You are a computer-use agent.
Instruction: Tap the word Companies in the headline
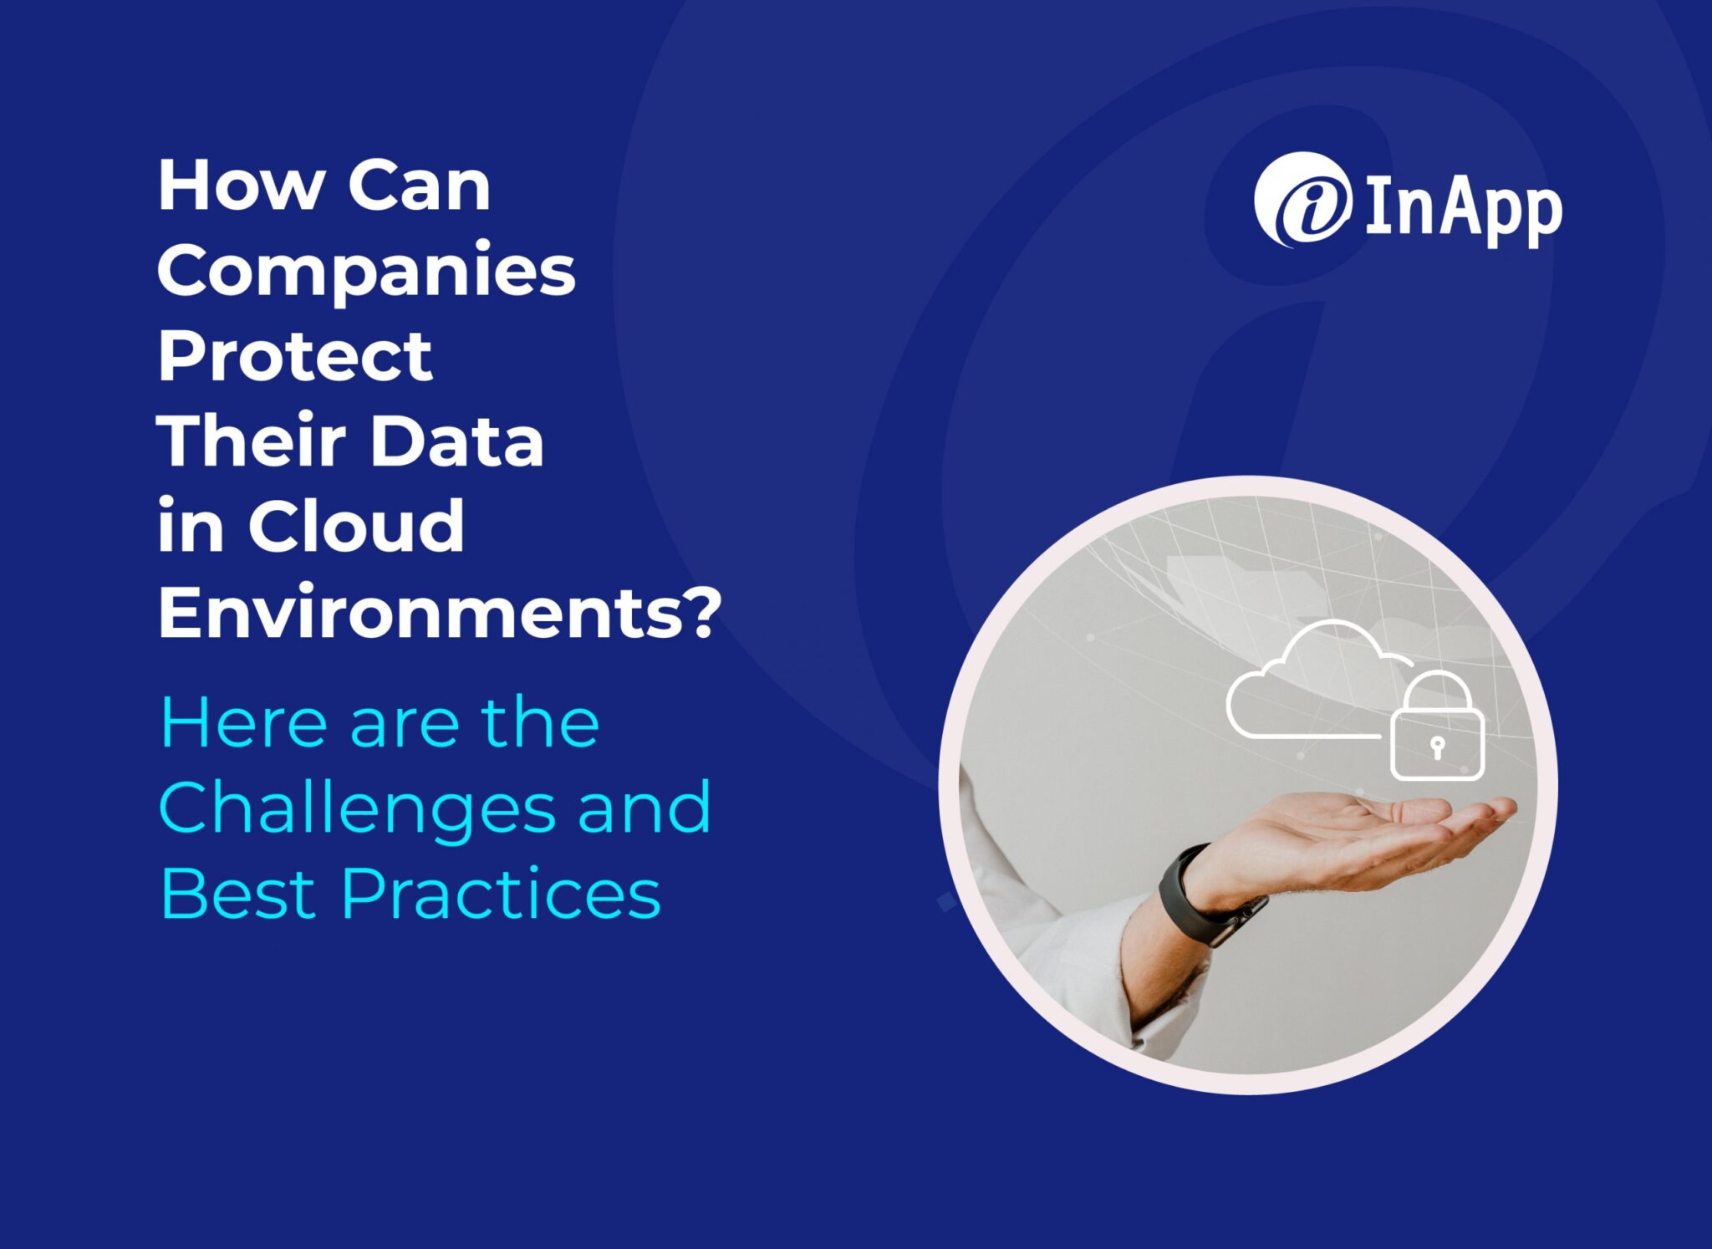(x=366, y=271)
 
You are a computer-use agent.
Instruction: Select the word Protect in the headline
(x=295, y=356)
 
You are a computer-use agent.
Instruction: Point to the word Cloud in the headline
(x=355, y=527)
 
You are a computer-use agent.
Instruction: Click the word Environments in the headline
(x=423, y=612)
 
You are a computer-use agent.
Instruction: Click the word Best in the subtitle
(x=237, y=893)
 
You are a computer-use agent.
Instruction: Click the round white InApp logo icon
(x=1302, y=201)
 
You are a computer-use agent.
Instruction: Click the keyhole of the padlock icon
(x=1437, y=745)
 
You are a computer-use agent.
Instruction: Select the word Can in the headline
(x=419, y=186)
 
